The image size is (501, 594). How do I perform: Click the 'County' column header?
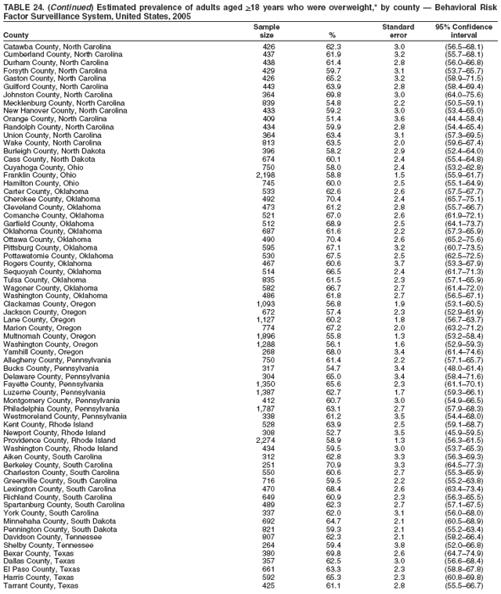point(16,36)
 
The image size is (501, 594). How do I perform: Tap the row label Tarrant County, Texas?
point(41,585)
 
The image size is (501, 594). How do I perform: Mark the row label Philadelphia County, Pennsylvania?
point(61,408)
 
